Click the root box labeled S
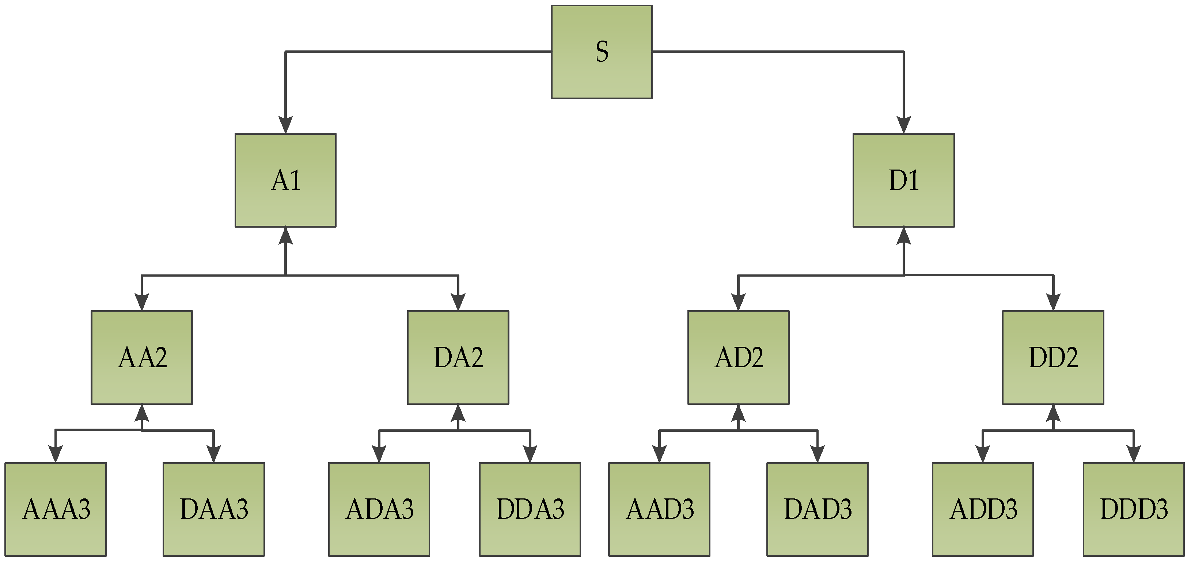(602, 52)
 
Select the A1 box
(285, 180)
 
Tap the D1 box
(903, 180)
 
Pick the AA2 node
(141, 357)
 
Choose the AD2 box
(738, 357)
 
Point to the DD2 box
(1053, 357)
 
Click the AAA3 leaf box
(56, 509)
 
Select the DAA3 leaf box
(213, 509)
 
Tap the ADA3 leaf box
(379, 509)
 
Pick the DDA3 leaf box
(530, 509)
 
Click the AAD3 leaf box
(659, 509)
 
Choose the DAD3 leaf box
(818, 509)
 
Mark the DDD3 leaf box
(1134, 509)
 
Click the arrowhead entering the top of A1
(285, 125)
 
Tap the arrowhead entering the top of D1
(903, 125)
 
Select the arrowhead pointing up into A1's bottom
(285, 236)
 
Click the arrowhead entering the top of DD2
(1053, 302)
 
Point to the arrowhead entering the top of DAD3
(818, 454)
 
